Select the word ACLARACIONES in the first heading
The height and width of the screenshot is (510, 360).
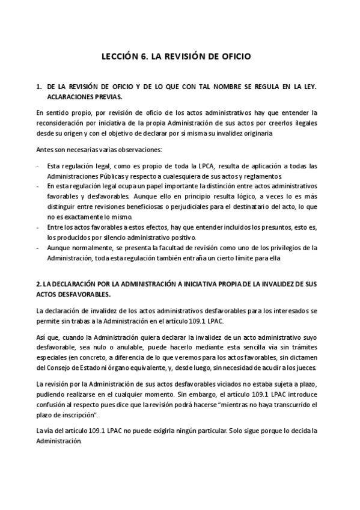(x=72, y=96)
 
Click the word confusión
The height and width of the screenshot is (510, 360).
(x=53, y=404)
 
